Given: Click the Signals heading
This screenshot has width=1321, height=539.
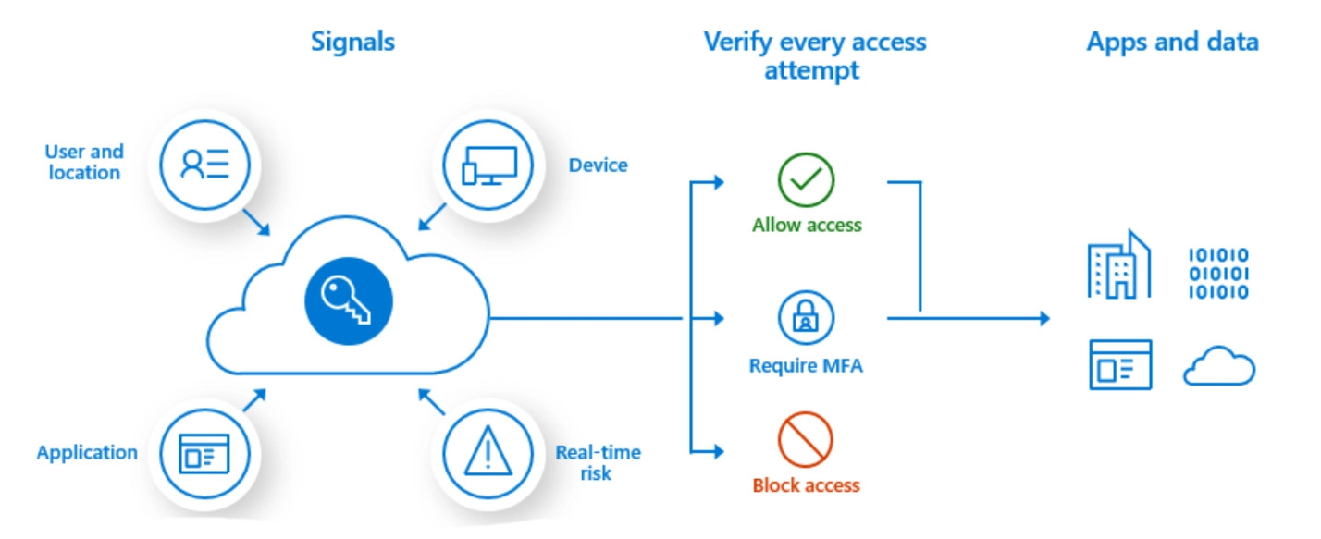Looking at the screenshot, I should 352,42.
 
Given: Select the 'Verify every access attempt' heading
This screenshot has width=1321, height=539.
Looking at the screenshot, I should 814,55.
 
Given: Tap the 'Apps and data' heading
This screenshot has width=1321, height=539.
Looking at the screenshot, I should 1172,42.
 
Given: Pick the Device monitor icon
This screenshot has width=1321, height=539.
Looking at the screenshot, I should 488,165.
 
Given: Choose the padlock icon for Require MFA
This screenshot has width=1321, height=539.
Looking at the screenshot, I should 806,318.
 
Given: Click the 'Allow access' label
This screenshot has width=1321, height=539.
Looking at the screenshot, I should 807,225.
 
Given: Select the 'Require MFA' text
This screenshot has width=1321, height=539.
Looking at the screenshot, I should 806,366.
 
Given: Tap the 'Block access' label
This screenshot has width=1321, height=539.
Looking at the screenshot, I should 806,485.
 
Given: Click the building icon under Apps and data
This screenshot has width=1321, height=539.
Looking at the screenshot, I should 1119,266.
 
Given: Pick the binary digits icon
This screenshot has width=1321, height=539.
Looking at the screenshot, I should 1217,274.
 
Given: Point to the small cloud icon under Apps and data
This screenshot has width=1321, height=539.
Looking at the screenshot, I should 1219,366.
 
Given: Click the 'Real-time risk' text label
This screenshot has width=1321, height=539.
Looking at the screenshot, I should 598,462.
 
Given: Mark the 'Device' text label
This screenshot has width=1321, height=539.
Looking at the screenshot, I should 598,165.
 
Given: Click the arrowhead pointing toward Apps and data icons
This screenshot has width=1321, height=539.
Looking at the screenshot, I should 1043,319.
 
